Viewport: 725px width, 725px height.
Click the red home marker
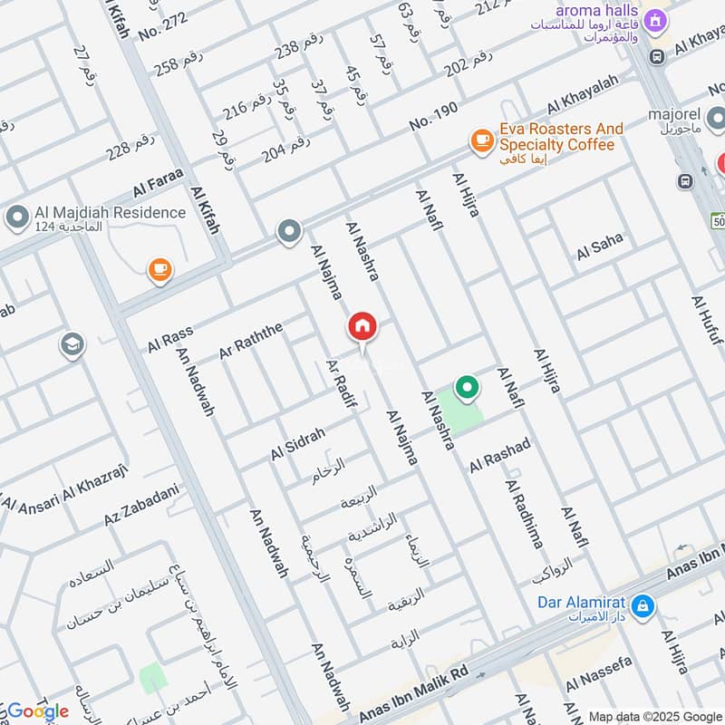point(362,326)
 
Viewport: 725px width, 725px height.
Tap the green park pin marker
point(467,388)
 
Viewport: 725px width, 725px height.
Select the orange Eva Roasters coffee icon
point(481,140)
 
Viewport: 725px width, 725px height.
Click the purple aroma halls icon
point(656,19)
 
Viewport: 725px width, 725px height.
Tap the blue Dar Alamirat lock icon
point(642,605)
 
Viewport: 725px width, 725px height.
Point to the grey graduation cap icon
point(71,344)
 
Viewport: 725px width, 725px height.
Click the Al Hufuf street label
point(707,322)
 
